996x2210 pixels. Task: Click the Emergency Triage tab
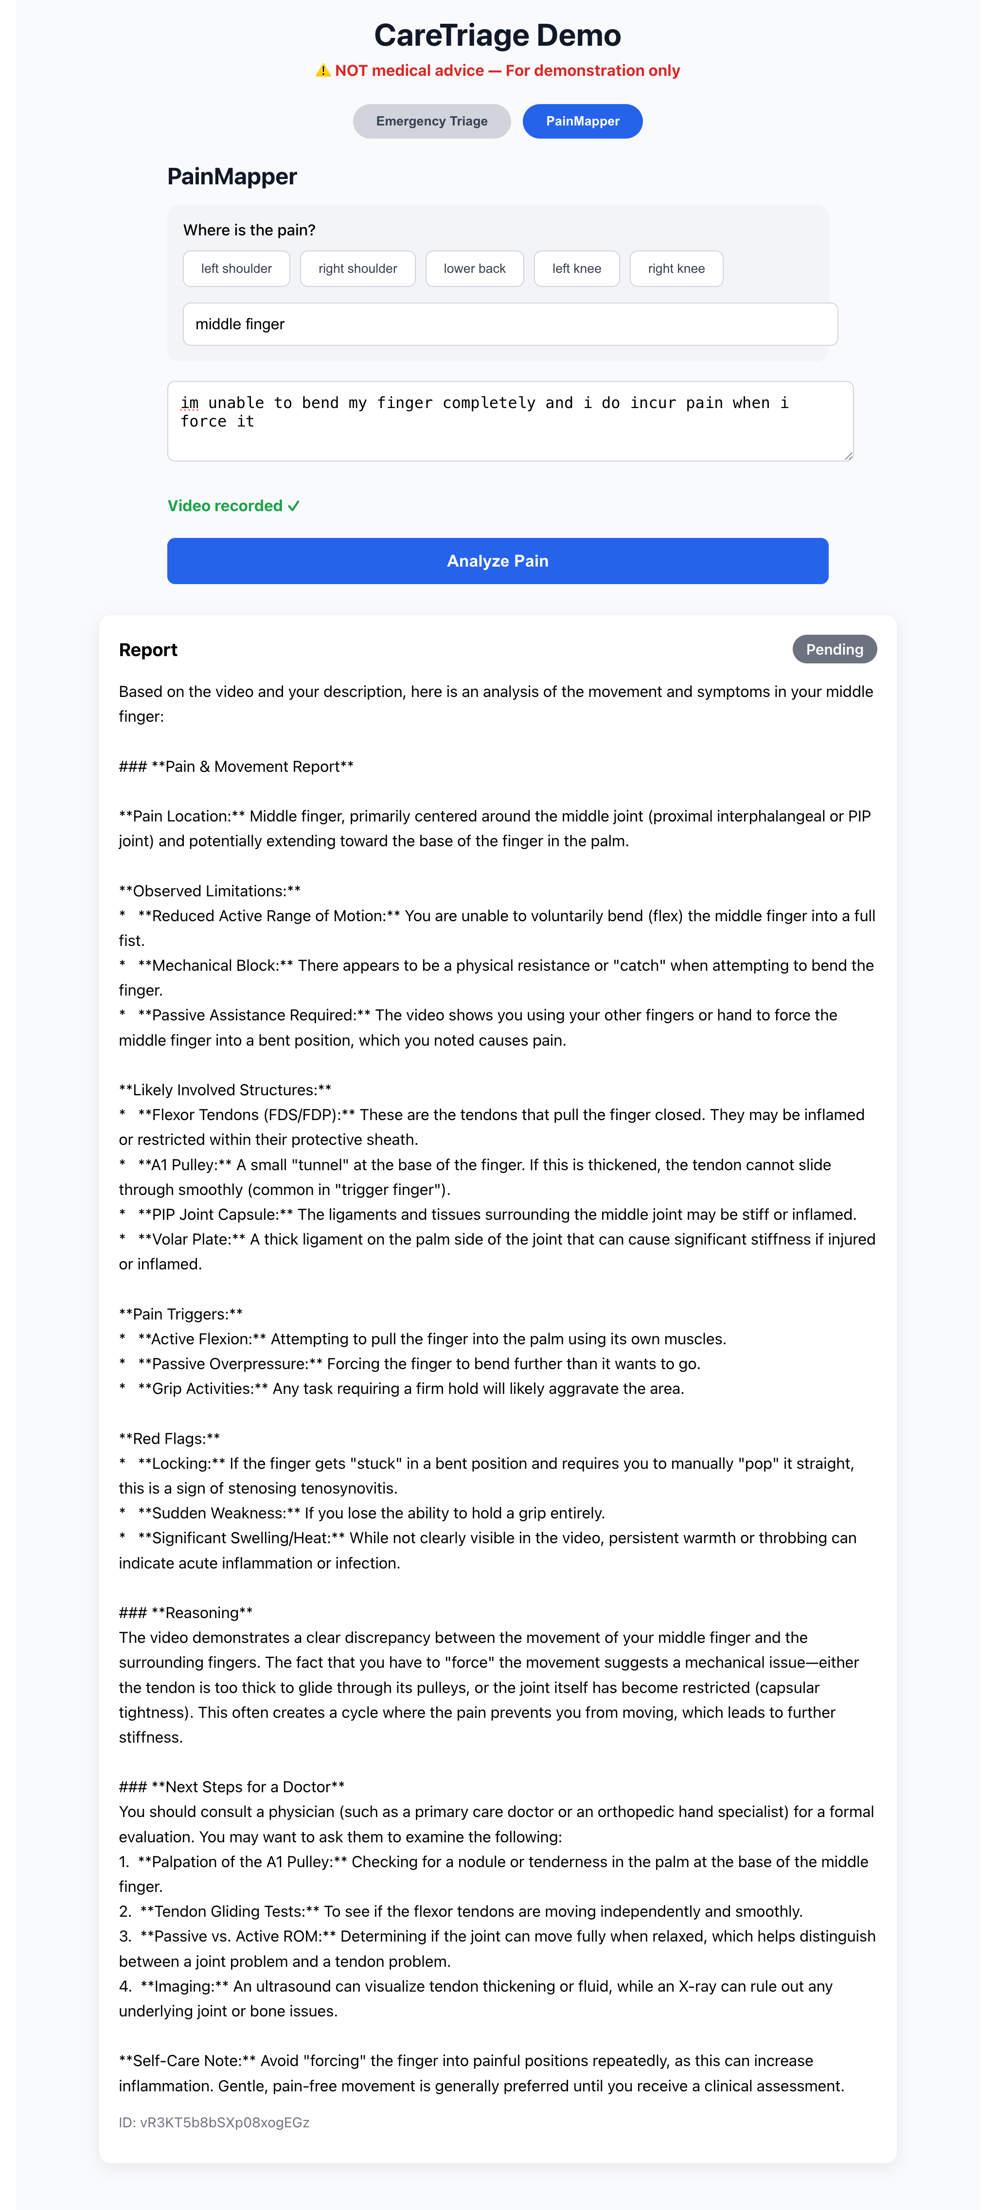(431, 121)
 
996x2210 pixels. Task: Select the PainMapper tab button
(583, 121)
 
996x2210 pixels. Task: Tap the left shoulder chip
(236, 268)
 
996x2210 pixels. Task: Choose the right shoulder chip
(358, 268)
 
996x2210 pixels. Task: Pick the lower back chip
(474, 268)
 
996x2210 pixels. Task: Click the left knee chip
(576, 268)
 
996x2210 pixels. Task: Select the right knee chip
(676, 268)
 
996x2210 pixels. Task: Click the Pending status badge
(834, 649)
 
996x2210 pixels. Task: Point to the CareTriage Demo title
(498, 35)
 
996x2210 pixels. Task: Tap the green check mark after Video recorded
(293, 506)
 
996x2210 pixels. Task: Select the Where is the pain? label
(249, 230)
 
